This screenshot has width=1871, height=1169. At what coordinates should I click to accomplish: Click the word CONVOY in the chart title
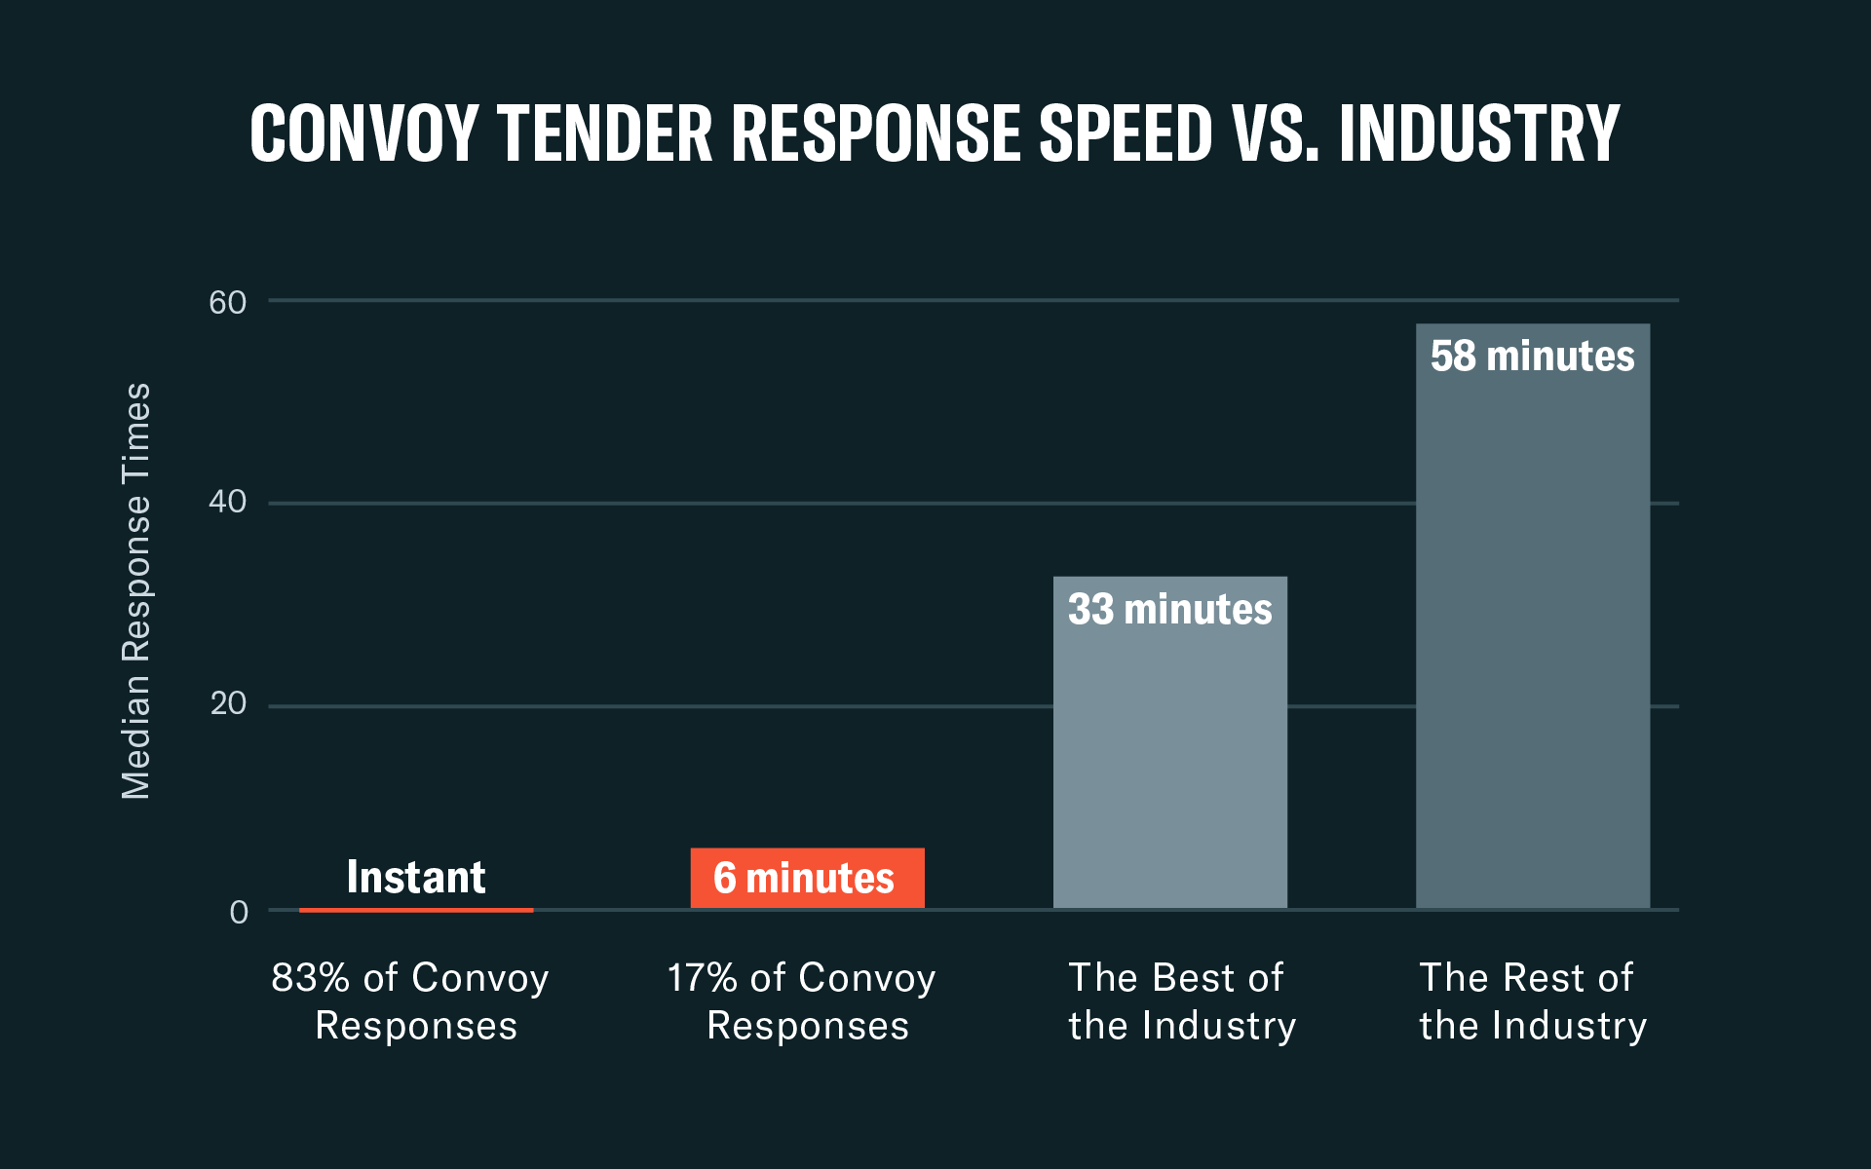[363, 133]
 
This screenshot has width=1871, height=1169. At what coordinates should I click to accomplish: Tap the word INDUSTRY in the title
[1479, 133]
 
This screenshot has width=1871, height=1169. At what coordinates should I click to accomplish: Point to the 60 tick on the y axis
[228, 303]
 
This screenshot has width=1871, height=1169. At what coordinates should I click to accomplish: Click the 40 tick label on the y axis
[228, 502]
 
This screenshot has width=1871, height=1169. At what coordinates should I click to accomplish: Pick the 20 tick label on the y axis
[228, 703]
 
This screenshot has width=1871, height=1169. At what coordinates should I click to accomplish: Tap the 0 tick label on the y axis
[239, 913]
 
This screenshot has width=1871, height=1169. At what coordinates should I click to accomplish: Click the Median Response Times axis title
[136, 590]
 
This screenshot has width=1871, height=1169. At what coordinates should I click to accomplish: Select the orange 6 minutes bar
[807, 878]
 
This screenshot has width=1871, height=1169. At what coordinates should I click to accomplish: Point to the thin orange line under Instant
[416, 910]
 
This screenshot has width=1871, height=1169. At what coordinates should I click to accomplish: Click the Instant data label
[416, 877]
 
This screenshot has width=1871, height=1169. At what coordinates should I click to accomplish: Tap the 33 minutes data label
[1169, 610]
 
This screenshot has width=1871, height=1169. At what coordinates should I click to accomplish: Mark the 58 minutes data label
[1532, 357]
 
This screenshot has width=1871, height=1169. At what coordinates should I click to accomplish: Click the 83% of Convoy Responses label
[411, 1001]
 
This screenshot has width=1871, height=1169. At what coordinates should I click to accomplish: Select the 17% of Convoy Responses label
[803, 1001]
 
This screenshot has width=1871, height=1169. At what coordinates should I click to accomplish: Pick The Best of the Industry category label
[1181, 1001]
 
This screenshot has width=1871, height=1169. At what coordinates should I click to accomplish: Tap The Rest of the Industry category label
[1532, 1001]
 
